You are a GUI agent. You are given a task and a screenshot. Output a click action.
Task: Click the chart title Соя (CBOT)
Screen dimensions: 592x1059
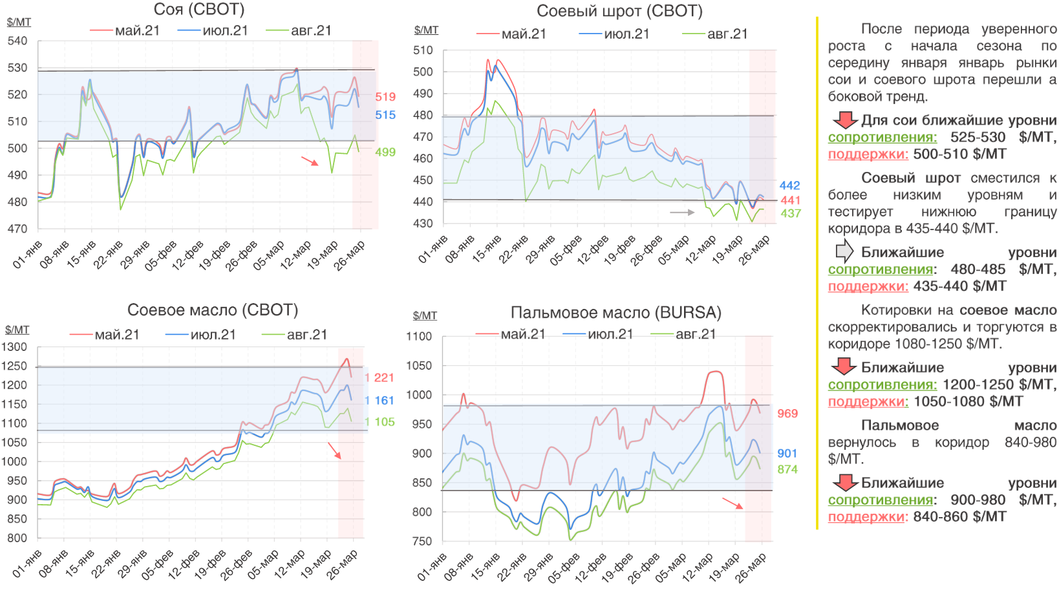click(x=199, y=10)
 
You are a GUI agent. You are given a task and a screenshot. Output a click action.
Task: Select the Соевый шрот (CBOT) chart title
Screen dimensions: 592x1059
click(x=619, y=11)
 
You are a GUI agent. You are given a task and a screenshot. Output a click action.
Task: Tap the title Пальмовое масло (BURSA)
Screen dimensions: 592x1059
click(x=615, y=313)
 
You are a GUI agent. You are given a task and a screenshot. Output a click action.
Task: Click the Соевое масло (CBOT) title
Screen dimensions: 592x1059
click(x=213, y=310)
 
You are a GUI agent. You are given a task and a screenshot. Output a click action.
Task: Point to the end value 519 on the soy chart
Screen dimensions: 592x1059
click(x=385, y=97)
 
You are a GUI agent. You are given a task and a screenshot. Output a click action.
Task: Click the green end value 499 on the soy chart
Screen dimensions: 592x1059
click(x=385, y=153)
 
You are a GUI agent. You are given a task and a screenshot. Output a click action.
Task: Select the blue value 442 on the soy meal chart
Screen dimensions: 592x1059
click(x=789, y=185)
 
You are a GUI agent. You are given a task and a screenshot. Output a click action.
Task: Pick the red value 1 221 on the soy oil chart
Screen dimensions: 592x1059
click(x=380, y=378)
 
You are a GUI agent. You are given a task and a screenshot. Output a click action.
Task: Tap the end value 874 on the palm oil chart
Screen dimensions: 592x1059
click(x=787, y=470)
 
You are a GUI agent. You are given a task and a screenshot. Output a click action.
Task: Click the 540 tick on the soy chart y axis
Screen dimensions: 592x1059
click(x=17, y=41)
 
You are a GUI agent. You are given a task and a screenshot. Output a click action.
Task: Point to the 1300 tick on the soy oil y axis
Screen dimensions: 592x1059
click(x=14, y=347)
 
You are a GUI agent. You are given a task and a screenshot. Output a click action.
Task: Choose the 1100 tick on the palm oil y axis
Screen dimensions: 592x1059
click(x=419, y=337)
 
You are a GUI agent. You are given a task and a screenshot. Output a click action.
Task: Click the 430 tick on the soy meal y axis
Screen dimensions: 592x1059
click(x=423, y=224)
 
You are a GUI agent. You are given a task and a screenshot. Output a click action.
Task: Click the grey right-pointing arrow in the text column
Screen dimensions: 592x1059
click(x=844, y=251)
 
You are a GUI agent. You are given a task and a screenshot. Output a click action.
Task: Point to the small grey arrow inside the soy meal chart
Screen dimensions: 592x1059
click(x=682, y=212)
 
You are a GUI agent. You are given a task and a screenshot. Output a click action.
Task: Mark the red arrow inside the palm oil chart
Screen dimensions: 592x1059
click(x=733, y=503)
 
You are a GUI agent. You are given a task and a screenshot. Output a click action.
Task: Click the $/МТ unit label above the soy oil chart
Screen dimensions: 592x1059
click(x=17, y=330)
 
